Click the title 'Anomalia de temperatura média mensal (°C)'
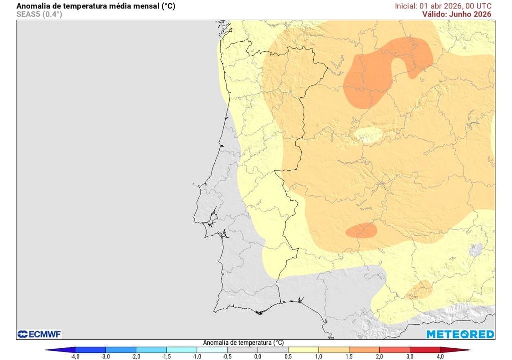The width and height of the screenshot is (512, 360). click(96, 6)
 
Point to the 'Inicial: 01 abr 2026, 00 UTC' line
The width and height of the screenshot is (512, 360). click(443, 6)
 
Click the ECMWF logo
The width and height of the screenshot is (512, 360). click(39, 334)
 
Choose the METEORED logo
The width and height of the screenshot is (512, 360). click(460, 334)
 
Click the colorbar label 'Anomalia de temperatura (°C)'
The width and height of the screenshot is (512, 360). click(243, 343)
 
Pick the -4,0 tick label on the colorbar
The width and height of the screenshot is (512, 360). click(75, 356)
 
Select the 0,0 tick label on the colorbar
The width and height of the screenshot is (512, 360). click(257, 356)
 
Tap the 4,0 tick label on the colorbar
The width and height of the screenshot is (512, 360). click(440, 356)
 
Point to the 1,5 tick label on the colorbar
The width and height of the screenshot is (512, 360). click(349, 356)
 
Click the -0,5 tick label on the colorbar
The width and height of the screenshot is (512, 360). click(227, 356)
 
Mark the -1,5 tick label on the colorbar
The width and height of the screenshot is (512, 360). click(166, 356)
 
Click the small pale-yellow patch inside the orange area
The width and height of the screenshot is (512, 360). click(369, 135)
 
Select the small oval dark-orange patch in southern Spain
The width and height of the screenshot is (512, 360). click(361, 230)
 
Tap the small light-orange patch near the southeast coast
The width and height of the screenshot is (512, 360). click(419, 290)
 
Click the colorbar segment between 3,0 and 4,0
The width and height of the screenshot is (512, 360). click(425, 349)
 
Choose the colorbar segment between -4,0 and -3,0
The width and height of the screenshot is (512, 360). click(90, 349)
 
